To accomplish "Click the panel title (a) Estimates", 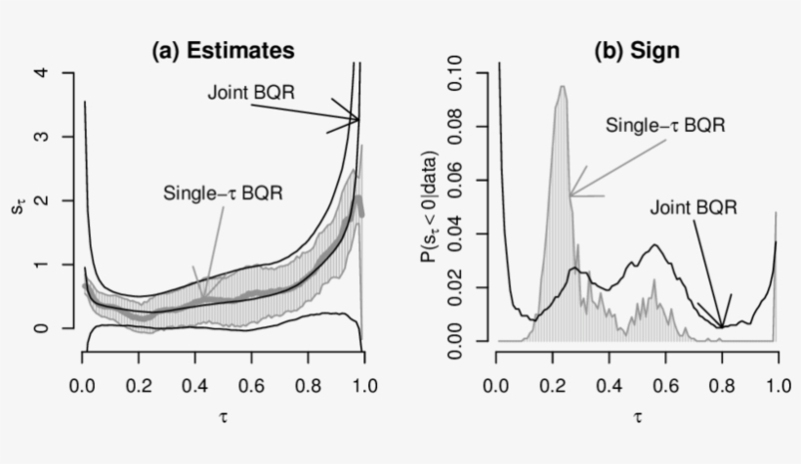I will point(223,50).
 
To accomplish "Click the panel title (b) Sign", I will point(636,50).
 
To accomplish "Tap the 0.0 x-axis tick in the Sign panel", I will point(496,388).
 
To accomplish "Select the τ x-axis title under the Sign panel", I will point(638,419).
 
